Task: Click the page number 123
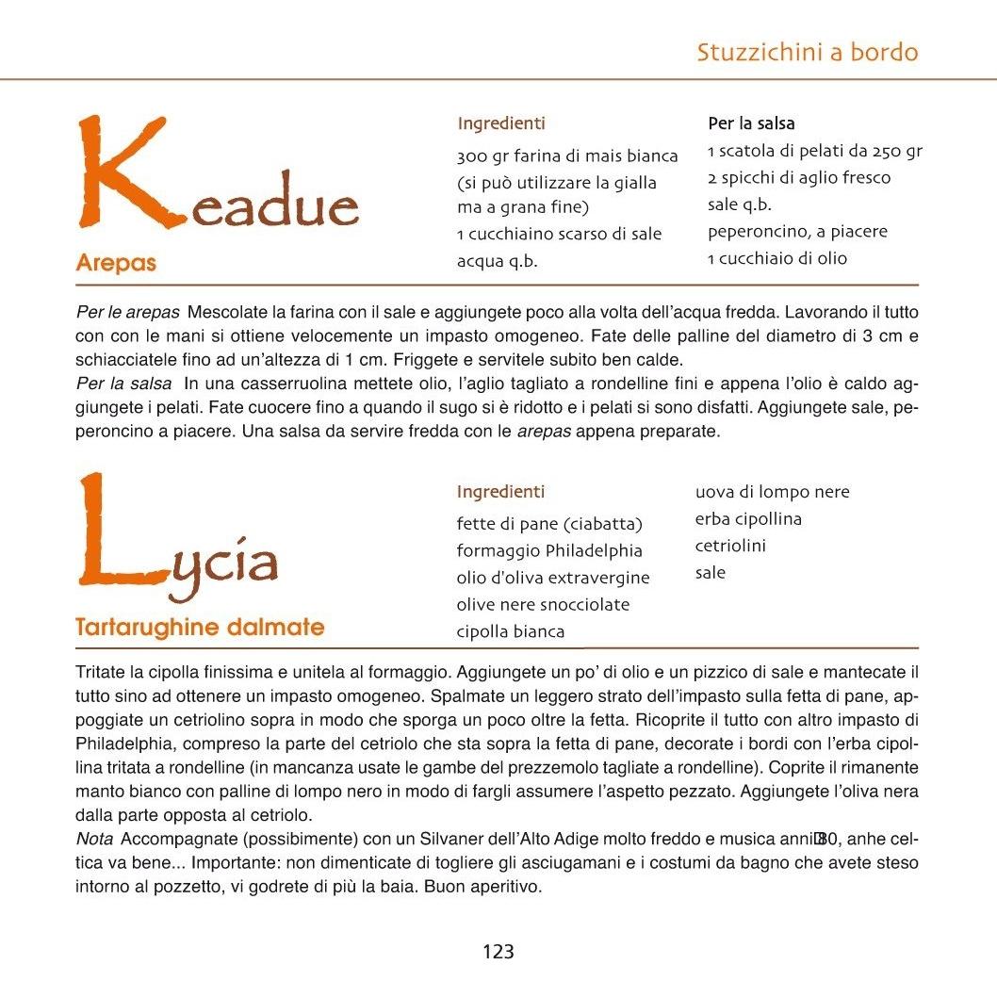tap(498, 952)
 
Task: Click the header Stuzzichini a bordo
tap(807, 52)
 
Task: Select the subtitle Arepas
tap(116, 263)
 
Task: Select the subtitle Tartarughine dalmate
tap(199, 627)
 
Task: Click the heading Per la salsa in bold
tap(751, 123)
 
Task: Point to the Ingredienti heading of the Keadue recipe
tap(500, 123)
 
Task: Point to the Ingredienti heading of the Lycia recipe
tap(500, 492)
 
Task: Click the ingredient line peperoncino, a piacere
tap(797, 232)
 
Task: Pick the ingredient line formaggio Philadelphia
tap(549, 550)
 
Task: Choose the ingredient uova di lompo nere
tap(772, 492)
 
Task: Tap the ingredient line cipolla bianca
tap(510, 631)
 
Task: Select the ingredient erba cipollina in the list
tap(748, 519)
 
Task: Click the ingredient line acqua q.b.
tap(497, 261)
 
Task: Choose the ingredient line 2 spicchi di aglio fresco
tap(798, 178)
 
